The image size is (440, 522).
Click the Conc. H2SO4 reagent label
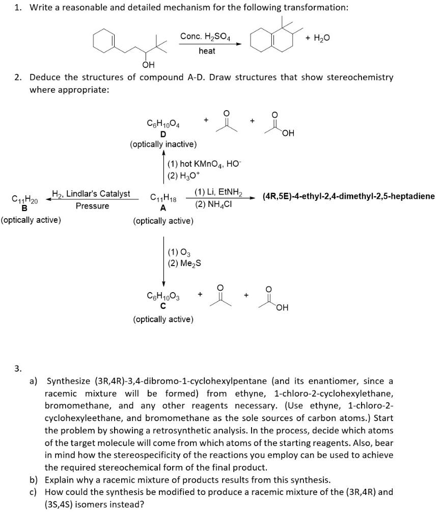[x=203, y=36]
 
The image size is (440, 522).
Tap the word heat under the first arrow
[x=207, y=51]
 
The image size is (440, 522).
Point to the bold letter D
[x=163, y=134]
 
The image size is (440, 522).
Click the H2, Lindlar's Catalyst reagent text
[x=91, y=194]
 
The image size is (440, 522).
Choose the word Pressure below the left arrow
[x=92, y=206]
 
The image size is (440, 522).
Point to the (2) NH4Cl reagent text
[x=214, y=205]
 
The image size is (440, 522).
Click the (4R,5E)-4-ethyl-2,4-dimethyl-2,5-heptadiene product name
[x=349, y=196]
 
